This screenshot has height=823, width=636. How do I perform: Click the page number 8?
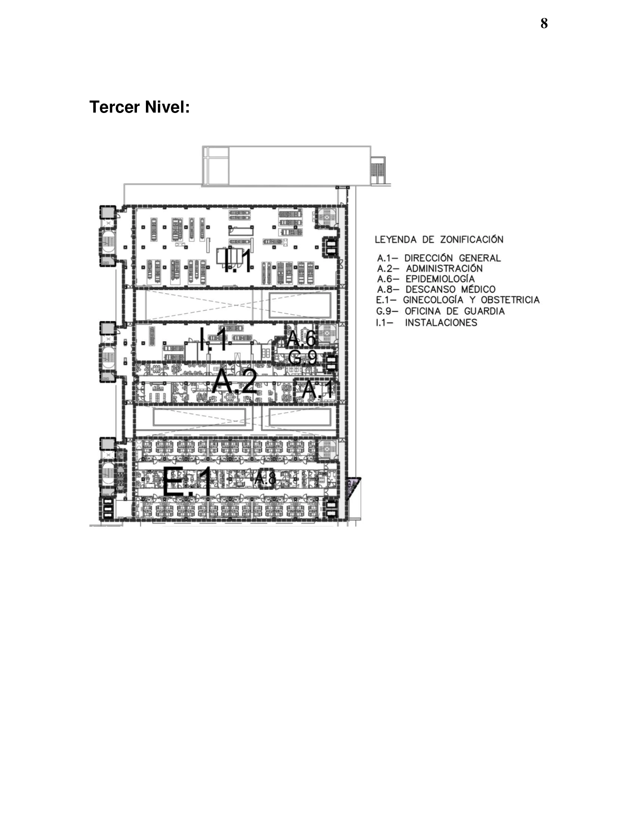point(544,23)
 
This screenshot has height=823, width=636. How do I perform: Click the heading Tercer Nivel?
point(140,107)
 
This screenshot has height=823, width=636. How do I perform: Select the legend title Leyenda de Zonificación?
point(439,239)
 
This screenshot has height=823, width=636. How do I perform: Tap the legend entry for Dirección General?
point(439,258)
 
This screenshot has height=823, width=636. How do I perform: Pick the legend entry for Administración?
point(430,269)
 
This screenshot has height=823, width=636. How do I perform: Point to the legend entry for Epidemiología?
point(426,279)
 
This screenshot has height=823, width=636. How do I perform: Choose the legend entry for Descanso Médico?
point(436,290)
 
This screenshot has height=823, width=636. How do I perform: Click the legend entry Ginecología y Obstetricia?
point(458,300)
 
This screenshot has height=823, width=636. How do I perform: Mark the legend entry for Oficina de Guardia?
point(440,311)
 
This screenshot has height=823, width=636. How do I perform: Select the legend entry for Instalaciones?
point(426,322)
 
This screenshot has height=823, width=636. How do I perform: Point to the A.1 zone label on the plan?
point(318,390)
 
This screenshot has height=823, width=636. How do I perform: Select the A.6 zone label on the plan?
point(301,339)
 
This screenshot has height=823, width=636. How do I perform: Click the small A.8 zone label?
point(266,478)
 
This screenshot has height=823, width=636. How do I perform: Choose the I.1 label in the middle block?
point(214,339)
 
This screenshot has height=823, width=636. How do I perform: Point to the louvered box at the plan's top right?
point(378,170)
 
